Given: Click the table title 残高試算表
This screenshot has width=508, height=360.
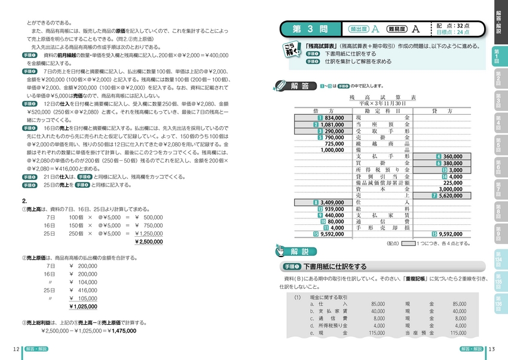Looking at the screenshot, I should (382, 96).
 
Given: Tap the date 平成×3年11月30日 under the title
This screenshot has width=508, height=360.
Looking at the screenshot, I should (382, 103).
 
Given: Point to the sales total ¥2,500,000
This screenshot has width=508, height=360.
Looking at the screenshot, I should (150, 242).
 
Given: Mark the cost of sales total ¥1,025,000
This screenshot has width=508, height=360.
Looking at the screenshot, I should (83, 307).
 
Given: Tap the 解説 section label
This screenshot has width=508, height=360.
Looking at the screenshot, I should (299, 252).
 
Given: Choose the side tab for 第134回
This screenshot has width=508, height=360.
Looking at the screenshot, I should (497, 259).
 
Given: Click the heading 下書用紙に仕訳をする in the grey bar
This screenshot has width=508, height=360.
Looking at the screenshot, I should (335, 267).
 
